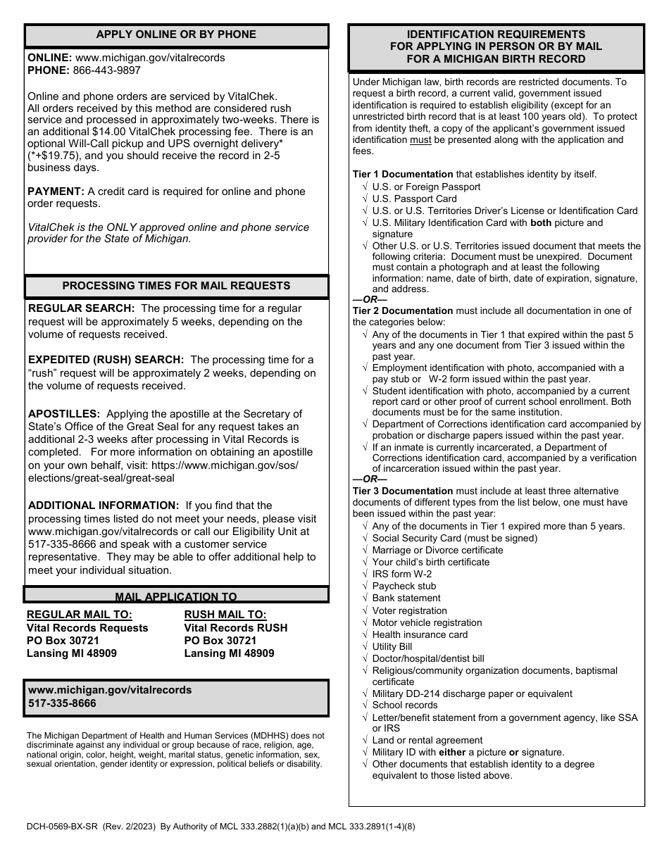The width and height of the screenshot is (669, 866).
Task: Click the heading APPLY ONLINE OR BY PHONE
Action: (176, 34)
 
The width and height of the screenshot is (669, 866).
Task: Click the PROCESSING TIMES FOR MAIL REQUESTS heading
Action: (176, 286)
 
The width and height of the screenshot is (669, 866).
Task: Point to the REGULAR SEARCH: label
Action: (81, 308)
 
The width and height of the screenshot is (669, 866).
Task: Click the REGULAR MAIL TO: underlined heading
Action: (80, 615)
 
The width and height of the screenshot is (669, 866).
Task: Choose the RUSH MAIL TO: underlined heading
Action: (225, 615)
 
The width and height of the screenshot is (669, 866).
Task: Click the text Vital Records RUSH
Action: (236, 628)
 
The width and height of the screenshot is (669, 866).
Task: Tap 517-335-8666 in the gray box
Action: (63, 703)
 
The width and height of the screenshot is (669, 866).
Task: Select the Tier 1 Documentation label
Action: (403, 174)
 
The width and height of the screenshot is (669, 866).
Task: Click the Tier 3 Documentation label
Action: (403, 491)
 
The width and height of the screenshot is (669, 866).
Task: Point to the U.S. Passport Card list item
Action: (414, 199)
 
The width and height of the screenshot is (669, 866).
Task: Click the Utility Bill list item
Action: (392, 646)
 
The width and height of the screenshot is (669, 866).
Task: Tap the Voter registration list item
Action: (409, 610)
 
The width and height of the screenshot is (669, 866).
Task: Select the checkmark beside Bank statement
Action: (364, 598)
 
